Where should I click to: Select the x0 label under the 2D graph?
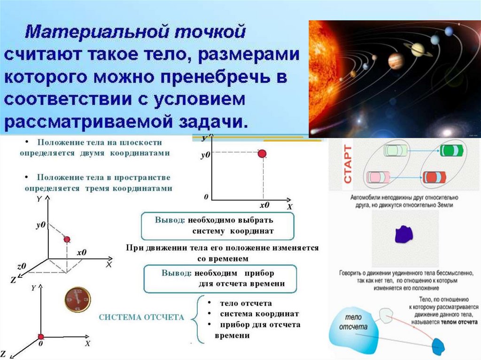pos(264,206)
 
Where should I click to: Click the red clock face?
pos(77,300)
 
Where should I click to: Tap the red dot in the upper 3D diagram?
pos(67,239)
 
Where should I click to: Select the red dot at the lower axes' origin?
pos(41,336)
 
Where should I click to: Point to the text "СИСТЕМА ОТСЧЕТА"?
pos(141,318)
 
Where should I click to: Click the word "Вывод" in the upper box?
pos(170,220)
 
